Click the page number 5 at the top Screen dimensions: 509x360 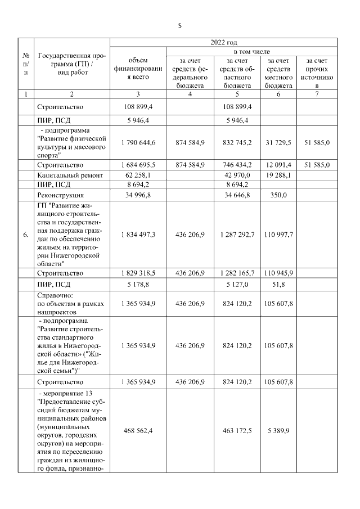click(x=179, y=25)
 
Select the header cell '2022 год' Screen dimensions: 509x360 click(x=223, y=42)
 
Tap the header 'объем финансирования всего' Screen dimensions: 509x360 click(x=138, y=68)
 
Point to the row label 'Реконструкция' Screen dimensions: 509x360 click(x=60, y=195)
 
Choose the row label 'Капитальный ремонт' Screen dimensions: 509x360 click(x=70, y=175)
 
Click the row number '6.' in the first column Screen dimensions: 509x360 click(x=26, y=235)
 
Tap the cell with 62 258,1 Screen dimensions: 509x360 click(x=138, y=175)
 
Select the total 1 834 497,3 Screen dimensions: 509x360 click(x=138, y=235)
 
